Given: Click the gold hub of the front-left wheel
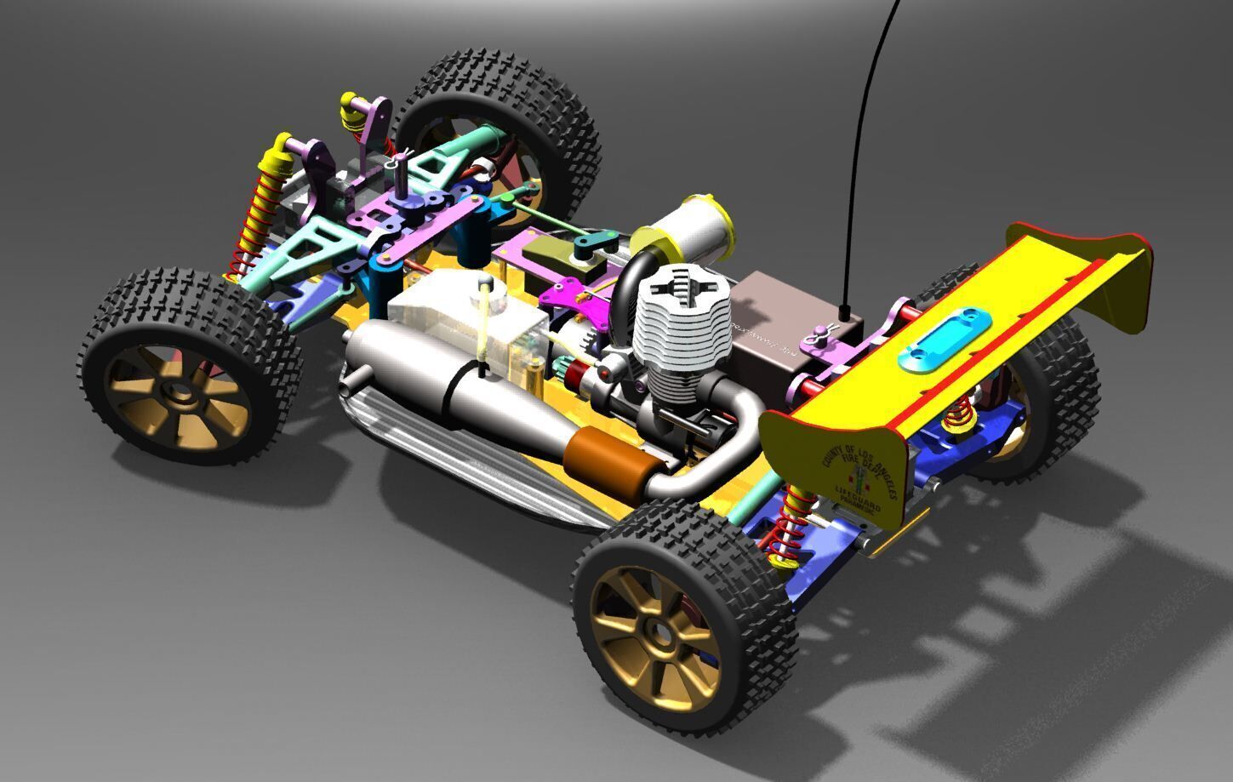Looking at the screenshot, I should pyautogui.click(x=178, y=392).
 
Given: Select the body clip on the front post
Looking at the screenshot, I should pyautogui.click(x=400, y=157).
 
